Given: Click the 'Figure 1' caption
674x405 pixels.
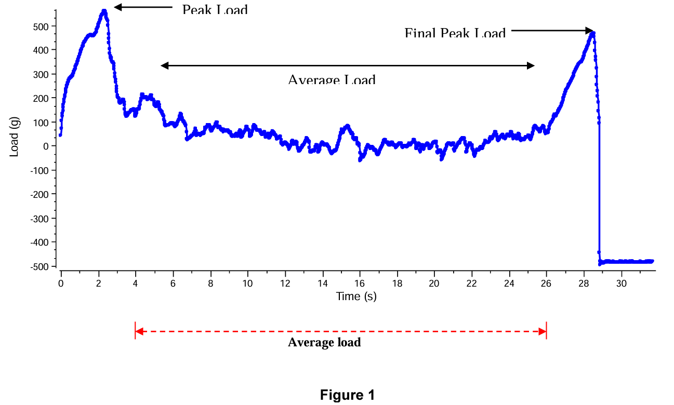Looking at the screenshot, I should coord(347,395).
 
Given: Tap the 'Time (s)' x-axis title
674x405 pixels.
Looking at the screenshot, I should coord(356,296).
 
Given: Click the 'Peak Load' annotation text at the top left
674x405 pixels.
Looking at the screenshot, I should coord(215,10).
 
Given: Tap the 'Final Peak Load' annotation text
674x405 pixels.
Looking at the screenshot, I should coord(455,34).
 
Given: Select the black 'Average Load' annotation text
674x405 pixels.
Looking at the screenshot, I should coord(332,80).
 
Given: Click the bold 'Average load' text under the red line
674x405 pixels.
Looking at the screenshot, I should coord(324,343).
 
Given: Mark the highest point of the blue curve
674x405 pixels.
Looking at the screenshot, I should coord(104,10).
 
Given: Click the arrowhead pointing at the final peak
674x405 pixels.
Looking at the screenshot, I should coord(590,31).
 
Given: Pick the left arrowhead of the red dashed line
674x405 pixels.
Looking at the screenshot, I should coord(138,331).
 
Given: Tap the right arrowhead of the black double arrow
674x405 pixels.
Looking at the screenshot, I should coord(531,65).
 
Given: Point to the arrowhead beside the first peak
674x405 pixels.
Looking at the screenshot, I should coord(117,7).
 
